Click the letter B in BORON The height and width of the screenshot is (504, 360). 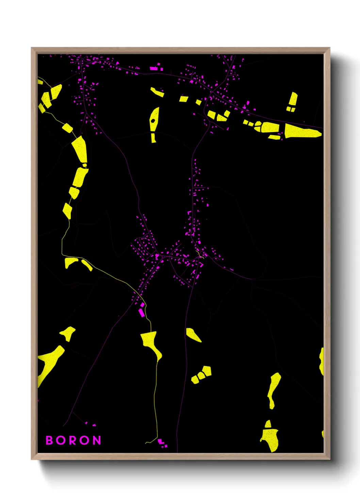coord(49,440)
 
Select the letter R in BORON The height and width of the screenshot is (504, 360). coord(73,440)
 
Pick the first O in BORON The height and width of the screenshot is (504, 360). coord(61,440)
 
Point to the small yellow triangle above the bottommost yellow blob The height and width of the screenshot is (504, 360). coord(268,424)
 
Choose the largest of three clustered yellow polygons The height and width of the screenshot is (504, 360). coord(207,371)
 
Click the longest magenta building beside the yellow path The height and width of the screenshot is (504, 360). coord(141,312)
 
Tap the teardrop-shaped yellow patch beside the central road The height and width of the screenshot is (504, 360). coord(193,334)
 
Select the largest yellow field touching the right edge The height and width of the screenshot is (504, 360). coord(301,131)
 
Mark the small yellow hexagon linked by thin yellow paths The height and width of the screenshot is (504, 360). coord(67,128)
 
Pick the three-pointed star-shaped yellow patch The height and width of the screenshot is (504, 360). coord(68,333)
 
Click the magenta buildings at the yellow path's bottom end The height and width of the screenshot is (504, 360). coord(162,443)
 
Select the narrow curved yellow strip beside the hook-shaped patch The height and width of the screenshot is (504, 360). coord(87,265)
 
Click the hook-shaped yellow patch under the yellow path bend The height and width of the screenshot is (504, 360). coord(70,262)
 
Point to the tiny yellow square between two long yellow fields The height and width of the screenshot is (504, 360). coord(85,165)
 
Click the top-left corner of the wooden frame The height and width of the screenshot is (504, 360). coord(32,48)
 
